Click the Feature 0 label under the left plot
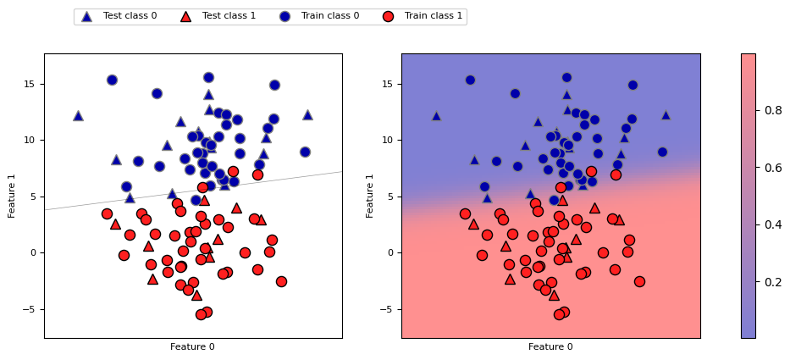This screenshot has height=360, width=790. [x=192, y=346]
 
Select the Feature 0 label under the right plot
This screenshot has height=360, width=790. [x=550, y=346]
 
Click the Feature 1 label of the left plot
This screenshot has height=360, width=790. [x=13, y=196]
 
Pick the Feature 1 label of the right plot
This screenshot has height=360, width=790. [x=371, y=196]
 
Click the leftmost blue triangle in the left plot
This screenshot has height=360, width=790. [x=78, y=115]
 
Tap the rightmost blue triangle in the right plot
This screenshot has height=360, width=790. [x=666, y=114]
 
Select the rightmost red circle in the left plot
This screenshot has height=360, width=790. [x=281, y=281]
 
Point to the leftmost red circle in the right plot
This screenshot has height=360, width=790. [x=465, y=213]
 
